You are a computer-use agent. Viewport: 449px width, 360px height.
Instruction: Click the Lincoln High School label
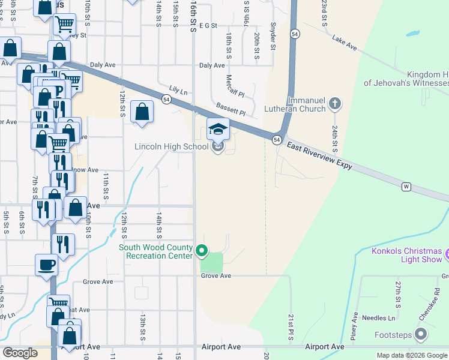point(172,146)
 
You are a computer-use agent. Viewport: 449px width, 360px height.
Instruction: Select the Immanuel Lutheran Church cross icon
point(334,104)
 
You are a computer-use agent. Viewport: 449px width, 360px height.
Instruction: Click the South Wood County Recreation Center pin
point(202,251)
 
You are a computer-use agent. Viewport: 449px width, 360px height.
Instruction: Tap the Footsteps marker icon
point(421,334)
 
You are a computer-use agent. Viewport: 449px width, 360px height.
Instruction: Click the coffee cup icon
point(46,265)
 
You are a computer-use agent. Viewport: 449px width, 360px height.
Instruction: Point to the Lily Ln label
point(178,91)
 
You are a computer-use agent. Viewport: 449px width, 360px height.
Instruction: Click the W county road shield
point(406,187)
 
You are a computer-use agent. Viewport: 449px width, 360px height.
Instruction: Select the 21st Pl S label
point(290,328)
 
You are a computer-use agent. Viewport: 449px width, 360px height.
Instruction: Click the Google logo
point(20,353)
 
